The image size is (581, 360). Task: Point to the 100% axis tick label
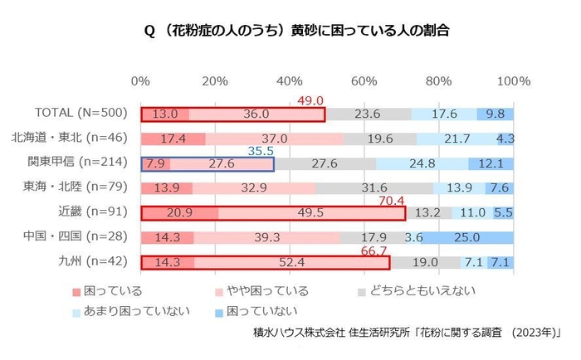[x=513, y=81]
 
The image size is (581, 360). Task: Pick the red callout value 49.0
[x=310, y=100]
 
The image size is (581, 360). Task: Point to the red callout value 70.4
[x=390, y=200]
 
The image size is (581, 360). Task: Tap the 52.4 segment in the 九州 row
[x=291, y=263]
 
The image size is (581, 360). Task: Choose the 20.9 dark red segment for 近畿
[x=179, y=213]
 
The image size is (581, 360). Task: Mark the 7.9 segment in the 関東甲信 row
[x=155, y=164]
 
